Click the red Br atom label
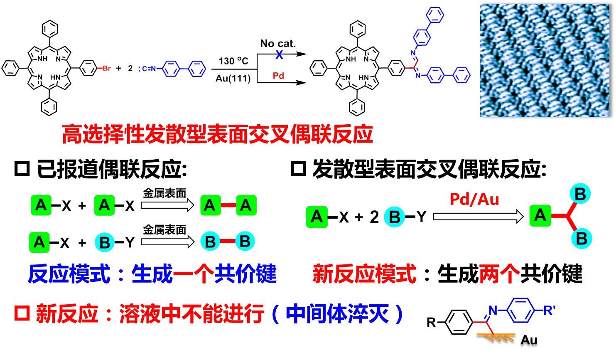(x=106, y=69)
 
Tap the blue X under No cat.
(x=279, y=54)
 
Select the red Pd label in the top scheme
(x=278, y=76)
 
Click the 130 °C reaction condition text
(x=233, y=61)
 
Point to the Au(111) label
(x=233, y=78)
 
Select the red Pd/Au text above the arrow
(x=474, y=200)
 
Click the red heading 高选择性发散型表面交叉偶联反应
(x=217, y=134)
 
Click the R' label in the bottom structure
(x=549, y=310)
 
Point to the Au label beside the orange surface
(x=529, y=340)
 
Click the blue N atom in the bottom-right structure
(x=493, y=311)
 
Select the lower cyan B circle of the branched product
(x=581, y=239)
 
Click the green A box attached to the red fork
(x=540, y=216)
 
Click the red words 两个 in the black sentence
(x=499, y=274)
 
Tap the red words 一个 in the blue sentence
(x=193, y=274)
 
